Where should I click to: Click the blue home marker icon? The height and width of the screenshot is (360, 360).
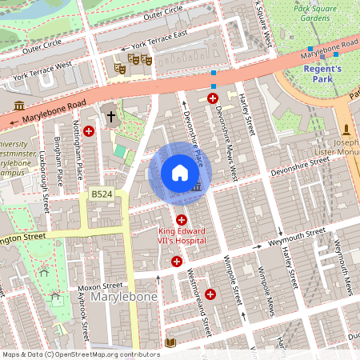[180, 173]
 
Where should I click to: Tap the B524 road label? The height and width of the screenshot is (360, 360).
[102, 194]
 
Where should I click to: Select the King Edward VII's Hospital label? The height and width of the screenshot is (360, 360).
[182, 236]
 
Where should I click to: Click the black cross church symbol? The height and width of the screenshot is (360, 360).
[110, 117]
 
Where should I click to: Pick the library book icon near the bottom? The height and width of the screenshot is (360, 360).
[169, 342]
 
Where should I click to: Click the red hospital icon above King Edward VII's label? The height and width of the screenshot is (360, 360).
[182, 219]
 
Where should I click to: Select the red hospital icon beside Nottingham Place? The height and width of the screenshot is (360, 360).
[89, 130]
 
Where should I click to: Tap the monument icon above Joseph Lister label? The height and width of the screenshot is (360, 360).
[346, 130]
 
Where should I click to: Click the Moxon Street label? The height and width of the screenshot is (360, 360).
[101, 286]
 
